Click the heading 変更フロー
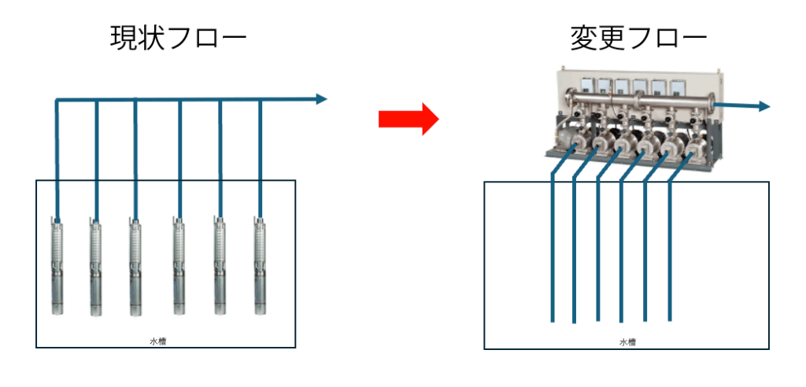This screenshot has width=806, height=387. point(638,38)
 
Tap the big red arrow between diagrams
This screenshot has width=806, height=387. point(408,118)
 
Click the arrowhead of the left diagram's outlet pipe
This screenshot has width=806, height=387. point(320,99)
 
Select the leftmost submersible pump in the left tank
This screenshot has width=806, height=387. point(57,267)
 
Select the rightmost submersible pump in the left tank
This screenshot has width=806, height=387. point(260,267)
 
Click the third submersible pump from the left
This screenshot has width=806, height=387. point(135,267)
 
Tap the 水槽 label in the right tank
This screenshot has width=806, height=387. point(627,342)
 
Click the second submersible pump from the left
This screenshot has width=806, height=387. point(95,267)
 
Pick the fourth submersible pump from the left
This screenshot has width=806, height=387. point(179,267)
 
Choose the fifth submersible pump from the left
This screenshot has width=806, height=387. point(220,267)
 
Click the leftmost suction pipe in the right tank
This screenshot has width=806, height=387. point(552,252)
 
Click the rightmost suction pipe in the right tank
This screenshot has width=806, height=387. point(670,252)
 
